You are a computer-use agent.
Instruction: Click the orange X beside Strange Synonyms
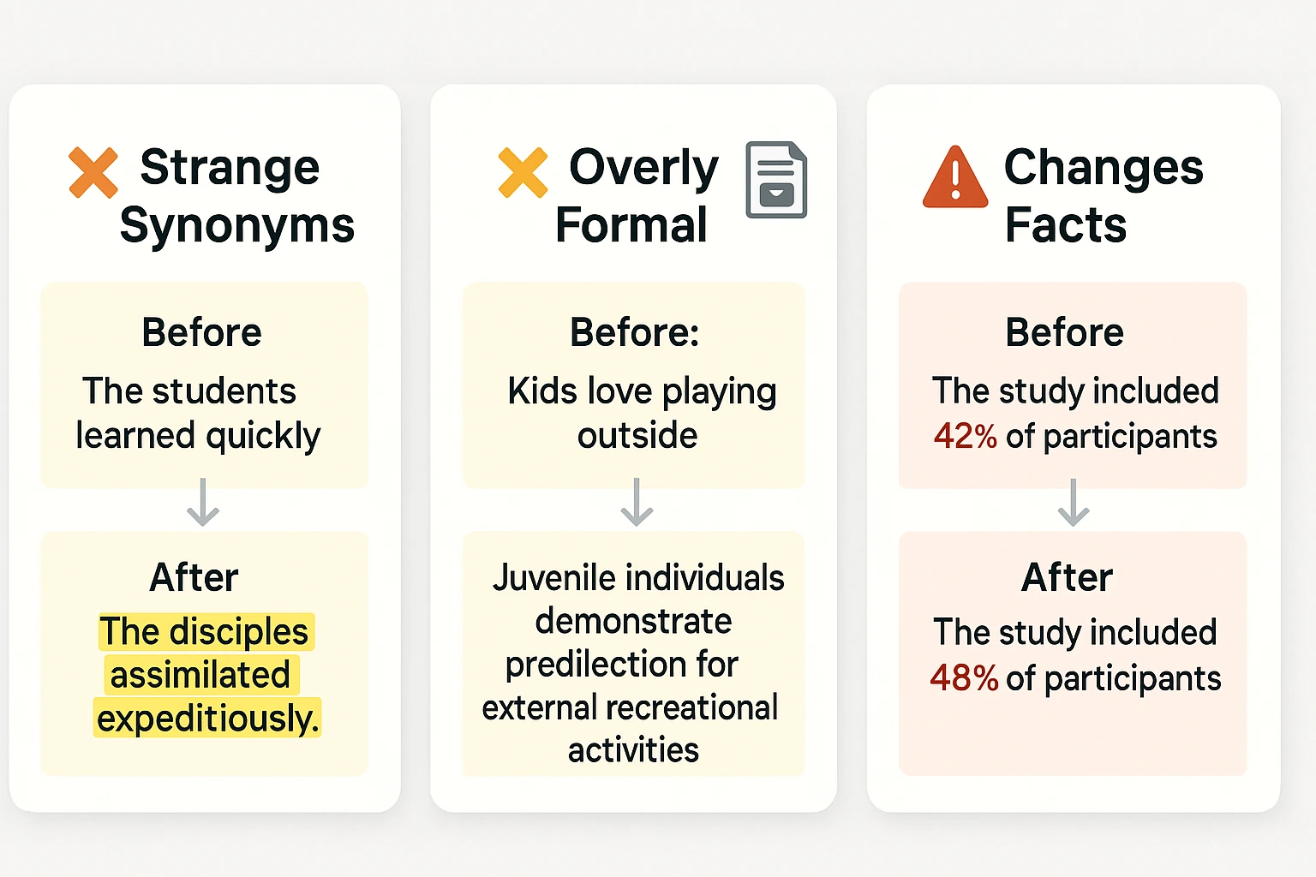click(93, 172)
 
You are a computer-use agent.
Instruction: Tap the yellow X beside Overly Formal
click(523, 172)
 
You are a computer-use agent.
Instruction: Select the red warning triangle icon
click(955, 177)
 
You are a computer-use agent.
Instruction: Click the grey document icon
click(776, 180)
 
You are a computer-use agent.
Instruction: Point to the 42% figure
click(966, 436)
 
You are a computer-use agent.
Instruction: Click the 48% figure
click(964, 678)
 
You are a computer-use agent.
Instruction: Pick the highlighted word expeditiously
click(207, 718)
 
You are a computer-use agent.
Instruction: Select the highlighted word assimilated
click(200, 675)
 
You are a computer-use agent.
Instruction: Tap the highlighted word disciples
click(238, 632)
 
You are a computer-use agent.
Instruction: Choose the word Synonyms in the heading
click(237, 225)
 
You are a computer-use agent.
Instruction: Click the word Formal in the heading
click(631, 225)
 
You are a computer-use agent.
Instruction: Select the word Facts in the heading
click(1066, 225)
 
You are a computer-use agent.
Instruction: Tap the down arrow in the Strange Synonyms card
click(203, 503)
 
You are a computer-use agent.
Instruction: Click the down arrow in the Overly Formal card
click(637, 503)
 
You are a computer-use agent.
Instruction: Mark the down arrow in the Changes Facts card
click(1074, 503)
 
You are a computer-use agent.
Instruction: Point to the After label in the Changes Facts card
click(1067, 577)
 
